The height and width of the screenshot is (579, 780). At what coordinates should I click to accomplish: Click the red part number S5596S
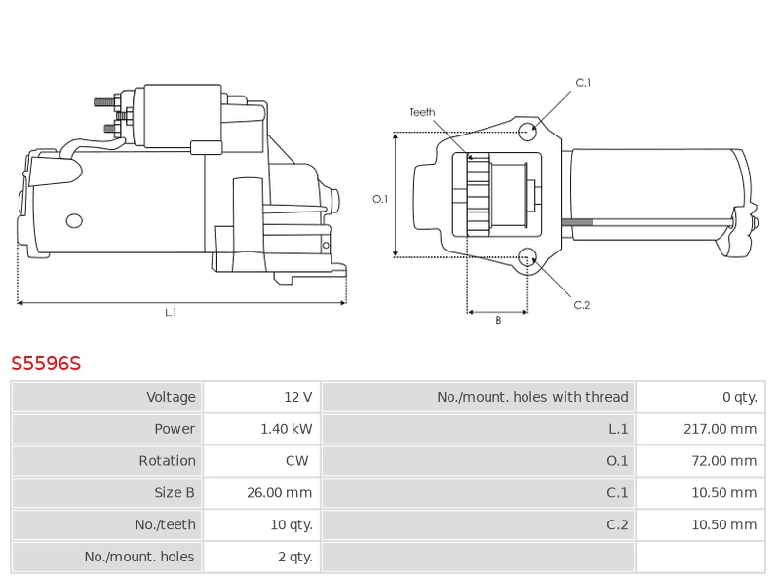point(46,365)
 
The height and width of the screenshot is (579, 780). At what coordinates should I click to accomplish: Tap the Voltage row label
point(171,397)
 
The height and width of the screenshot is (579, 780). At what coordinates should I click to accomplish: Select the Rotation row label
point(168,461)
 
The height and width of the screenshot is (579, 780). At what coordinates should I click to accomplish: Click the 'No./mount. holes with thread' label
point(532,397)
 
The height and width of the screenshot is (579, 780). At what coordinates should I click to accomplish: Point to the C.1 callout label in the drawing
point(583,83)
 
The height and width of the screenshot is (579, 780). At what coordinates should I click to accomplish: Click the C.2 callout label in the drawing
point(582,305)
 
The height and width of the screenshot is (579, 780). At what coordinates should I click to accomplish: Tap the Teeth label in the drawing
point(422,113)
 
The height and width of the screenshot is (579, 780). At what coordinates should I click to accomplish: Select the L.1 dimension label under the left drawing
point(171,313)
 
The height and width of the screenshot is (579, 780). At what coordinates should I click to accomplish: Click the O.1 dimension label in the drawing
point(380,199)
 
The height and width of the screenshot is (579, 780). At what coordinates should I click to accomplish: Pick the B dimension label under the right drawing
point(498,321)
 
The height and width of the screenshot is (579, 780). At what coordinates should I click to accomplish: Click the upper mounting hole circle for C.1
point(527,131)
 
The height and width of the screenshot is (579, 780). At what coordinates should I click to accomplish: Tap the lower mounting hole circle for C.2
point(527,257)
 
